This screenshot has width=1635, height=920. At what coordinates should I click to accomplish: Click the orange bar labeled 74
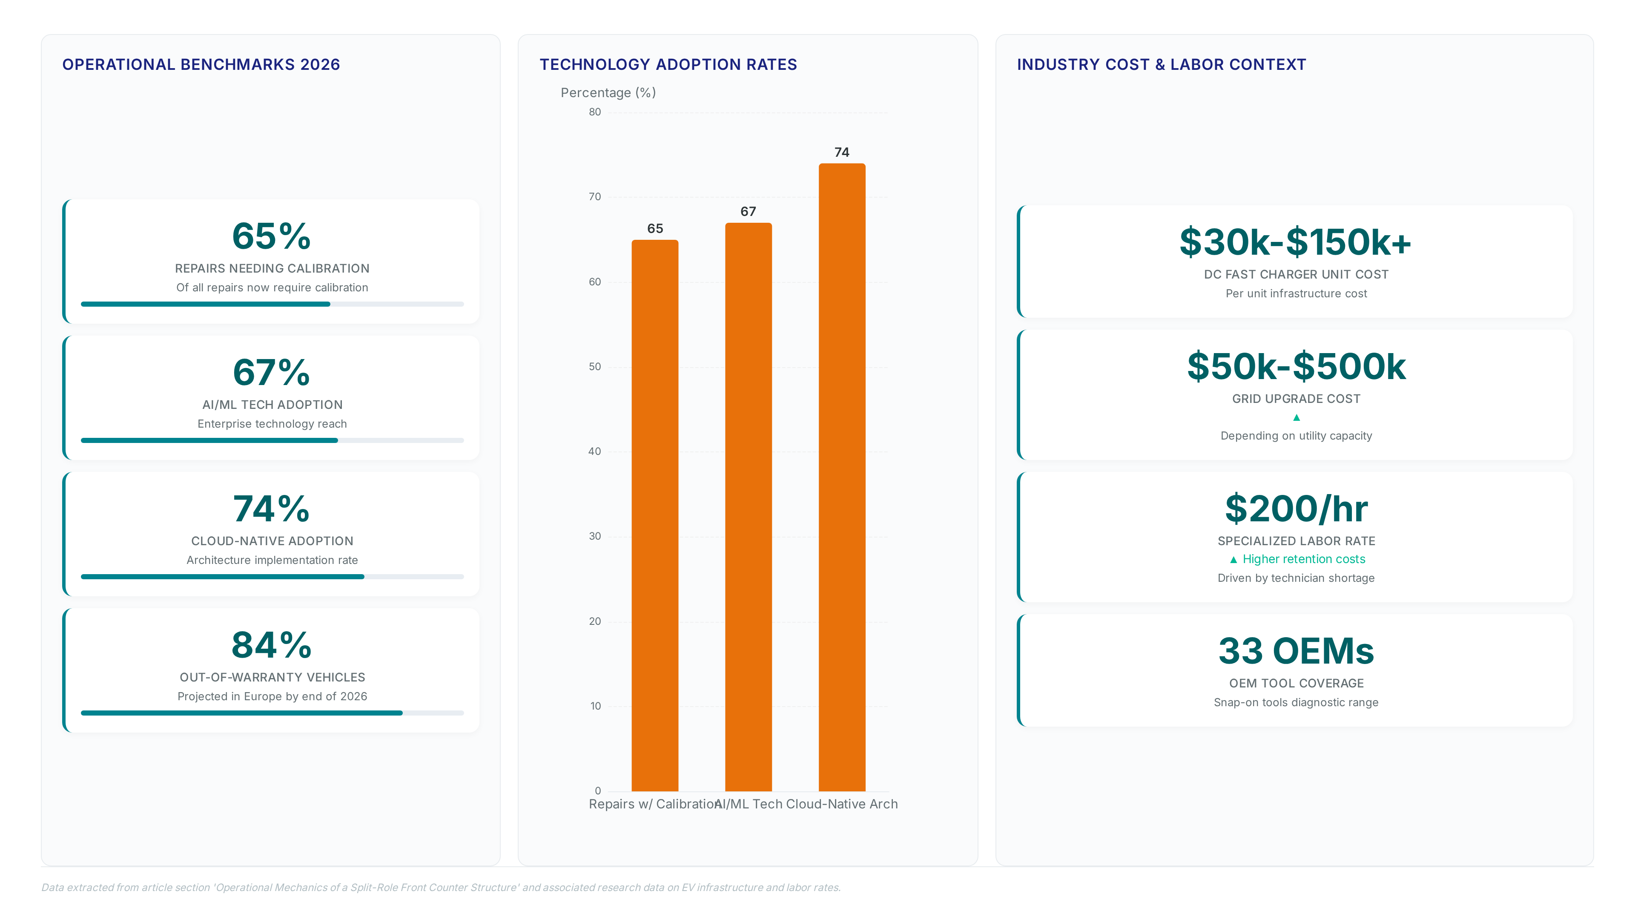pyautogui.click(x=842, y=477)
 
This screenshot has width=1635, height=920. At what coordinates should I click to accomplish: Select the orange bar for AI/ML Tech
pyautogui.click(x=749, y=507)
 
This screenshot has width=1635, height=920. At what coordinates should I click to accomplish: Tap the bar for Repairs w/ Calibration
pyautogui.click(x=655, y=515)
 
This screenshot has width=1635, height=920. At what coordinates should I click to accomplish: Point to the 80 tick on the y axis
pyautogui.click(x=595, y=112)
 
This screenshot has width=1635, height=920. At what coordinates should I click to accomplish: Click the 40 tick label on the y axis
pyautogui.click(x=595, y=451)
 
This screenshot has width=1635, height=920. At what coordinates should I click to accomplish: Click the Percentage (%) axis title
pyautogui.click(x=608, y=93)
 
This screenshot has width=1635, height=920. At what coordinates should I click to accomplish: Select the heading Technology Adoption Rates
pyautogui.click(x=668, y=65)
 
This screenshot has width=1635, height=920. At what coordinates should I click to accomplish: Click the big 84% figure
pyautogui.click(x=272, y=645)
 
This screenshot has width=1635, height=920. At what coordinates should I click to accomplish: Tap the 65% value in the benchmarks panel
pyautogui.click(x=272, y=236)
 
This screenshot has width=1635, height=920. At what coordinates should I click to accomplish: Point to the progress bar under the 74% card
pyautogui.click(x=272, y=577)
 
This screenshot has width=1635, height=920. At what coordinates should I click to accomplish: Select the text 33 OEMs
pyautogui.click(x=1296, y=651)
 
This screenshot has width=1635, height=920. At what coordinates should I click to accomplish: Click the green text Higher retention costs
pyautogui.click(x=1304, y=559)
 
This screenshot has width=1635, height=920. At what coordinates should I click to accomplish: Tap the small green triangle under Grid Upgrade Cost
pyautogui.click(x=1296, y=417)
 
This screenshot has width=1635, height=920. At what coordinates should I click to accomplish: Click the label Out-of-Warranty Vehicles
pyautogui.click(x=272, y=678)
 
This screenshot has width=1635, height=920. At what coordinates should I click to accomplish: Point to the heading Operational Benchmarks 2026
pyautogui.click(x=201, y=65)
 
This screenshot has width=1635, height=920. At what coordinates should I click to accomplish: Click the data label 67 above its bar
pyautogui.click(x=749, y=211)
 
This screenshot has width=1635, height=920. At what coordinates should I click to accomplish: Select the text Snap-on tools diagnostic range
pyautogui.click(x=1296, y=702)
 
